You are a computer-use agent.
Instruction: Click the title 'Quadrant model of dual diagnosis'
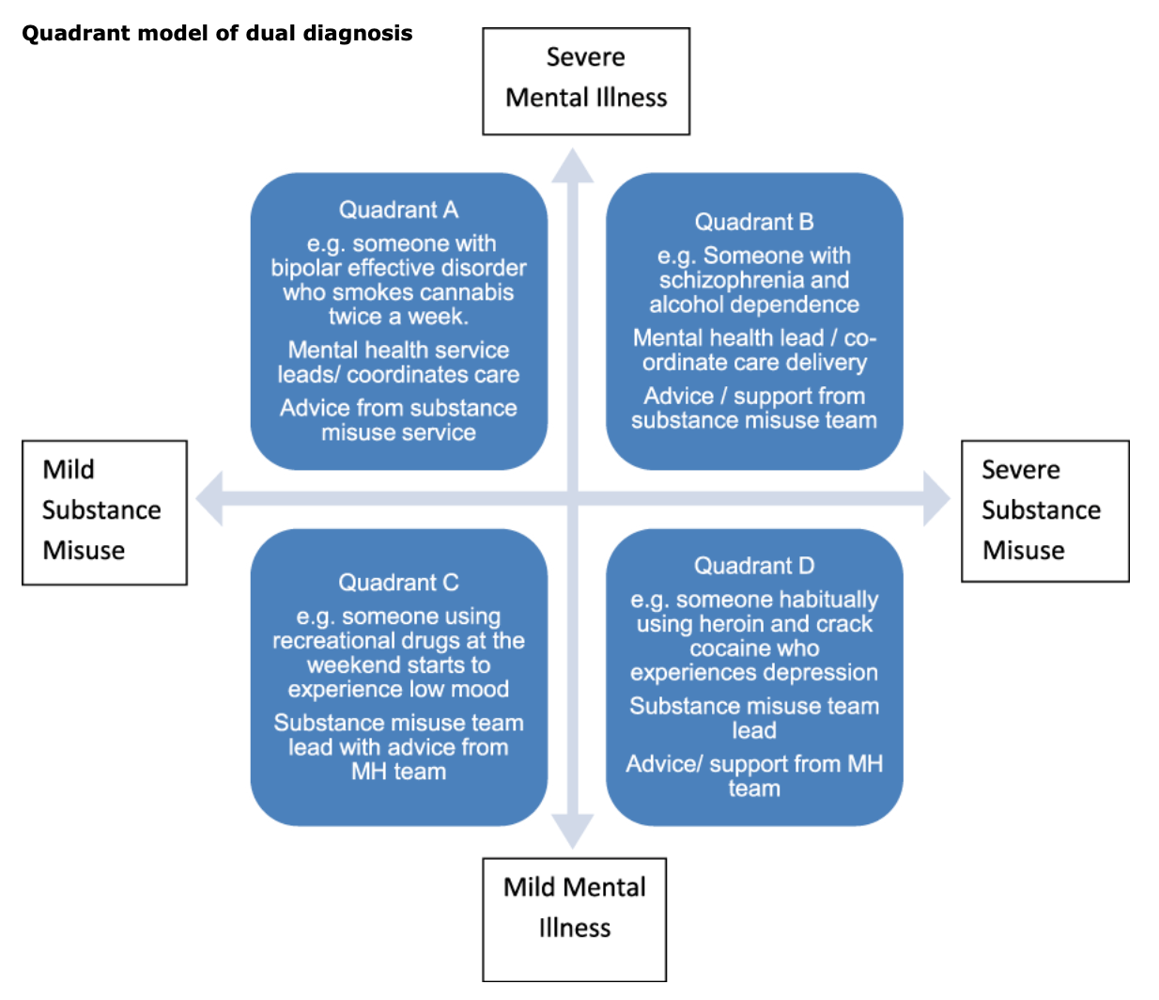[217, 34]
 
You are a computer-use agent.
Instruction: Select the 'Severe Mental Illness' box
[586, 81]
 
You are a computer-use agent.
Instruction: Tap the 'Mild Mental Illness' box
[575, 918]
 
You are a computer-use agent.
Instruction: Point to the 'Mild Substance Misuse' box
[104, 512]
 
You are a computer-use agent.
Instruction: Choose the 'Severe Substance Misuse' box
[1044, 510]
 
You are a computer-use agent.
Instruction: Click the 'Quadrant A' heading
[398, 210]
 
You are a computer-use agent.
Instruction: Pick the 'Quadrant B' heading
[754, 222]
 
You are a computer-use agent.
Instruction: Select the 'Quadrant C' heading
[398, 583]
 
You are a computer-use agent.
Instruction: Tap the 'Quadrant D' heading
[754, 566]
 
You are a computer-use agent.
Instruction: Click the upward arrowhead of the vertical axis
[572, 166]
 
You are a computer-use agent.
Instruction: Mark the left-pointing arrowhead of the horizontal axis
[209, 498]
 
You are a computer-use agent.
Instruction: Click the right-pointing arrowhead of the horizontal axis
[936, 498]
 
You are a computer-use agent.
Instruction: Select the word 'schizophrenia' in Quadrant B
[719, 280]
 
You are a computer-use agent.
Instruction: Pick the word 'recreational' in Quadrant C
[333, 641]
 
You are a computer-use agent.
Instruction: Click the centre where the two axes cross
[572, 498]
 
